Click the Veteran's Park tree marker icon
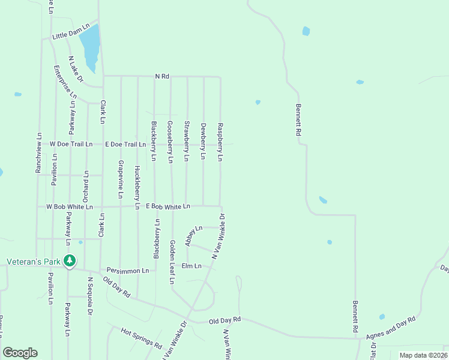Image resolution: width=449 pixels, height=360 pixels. (70, 261)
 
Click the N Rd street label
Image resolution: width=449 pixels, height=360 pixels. (163, 76)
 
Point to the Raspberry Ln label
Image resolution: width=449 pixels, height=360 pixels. (220, 142)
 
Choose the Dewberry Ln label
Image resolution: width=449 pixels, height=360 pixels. (203, 142)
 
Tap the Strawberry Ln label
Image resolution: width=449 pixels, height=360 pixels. (187, 142)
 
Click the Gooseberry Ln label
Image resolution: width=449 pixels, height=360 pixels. (170, 142)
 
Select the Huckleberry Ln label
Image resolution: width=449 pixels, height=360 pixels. (137, 187)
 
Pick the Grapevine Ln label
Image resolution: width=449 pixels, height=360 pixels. (121, 179)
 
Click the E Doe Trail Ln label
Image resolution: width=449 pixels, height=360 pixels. (125, 145)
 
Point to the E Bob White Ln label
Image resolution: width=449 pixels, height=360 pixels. (167, 206)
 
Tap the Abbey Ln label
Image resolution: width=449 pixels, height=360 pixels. (194, 236)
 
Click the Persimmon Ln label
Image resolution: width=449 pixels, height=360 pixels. (127, 271)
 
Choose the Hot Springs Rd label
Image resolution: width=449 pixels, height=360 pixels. (142, 338)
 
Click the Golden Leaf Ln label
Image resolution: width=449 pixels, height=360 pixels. (172, 262)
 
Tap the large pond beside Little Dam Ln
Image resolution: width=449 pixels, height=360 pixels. (90, 47)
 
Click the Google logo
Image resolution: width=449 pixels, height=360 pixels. (20, 353)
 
